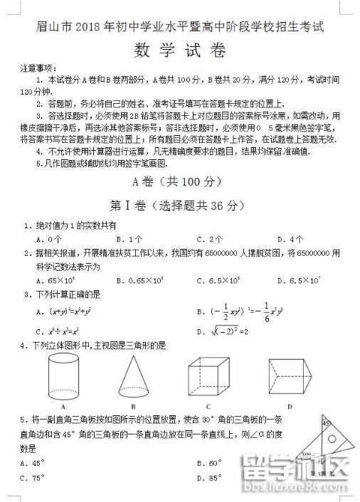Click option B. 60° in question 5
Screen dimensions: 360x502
pos(210,463)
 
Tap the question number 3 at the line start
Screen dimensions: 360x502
pos(26,294)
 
